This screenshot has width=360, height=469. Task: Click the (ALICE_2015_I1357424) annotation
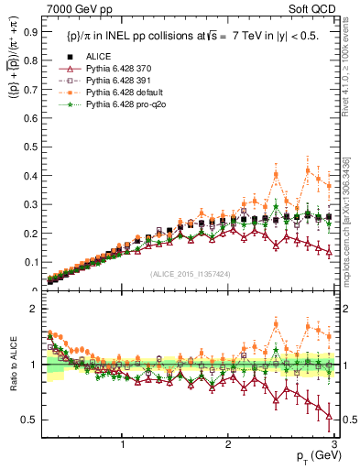(x=190, y=274)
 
